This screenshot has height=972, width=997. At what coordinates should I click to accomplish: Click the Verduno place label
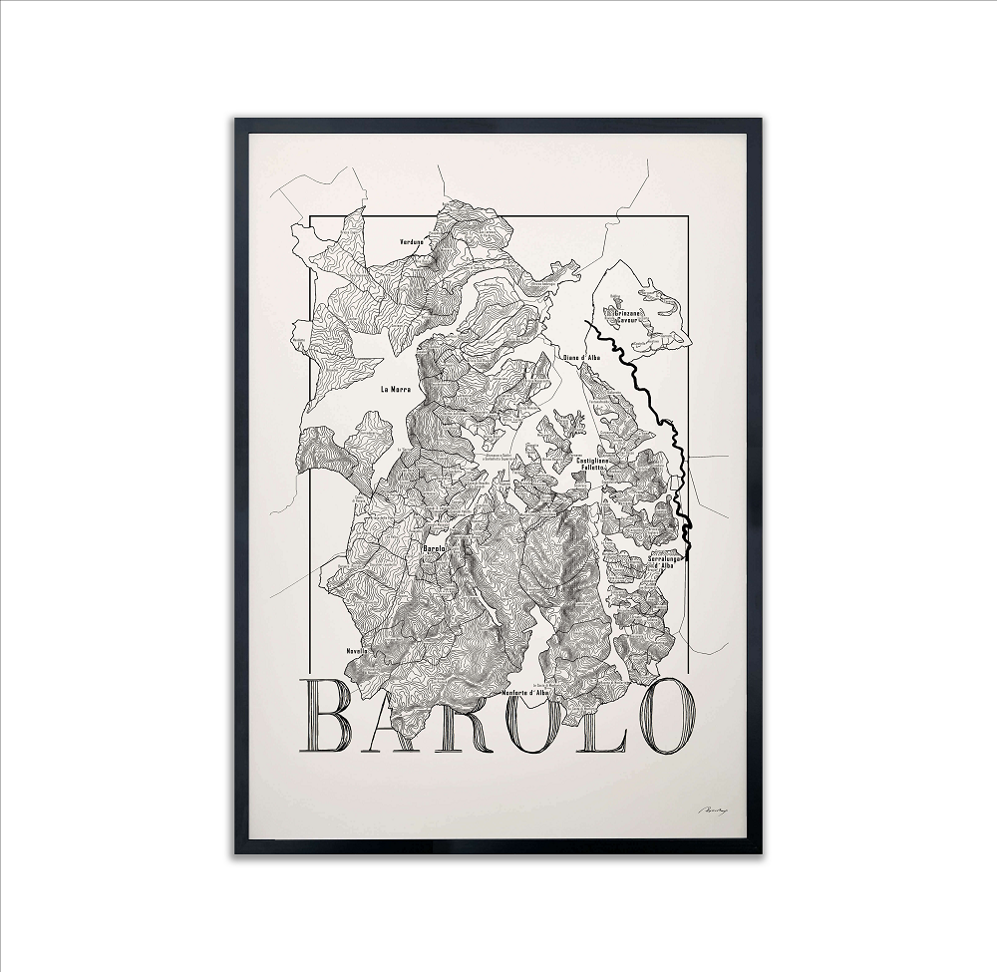(411, 242)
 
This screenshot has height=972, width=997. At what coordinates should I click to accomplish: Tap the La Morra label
(396, 390)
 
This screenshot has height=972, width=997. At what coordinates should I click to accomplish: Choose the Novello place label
(357, 651)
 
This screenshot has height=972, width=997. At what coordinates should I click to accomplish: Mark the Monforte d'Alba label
(526, 692)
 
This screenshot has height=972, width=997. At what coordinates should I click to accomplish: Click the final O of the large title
(665, 716)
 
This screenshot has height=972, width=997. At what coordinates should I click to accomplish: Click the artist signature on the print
(710, 811)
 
